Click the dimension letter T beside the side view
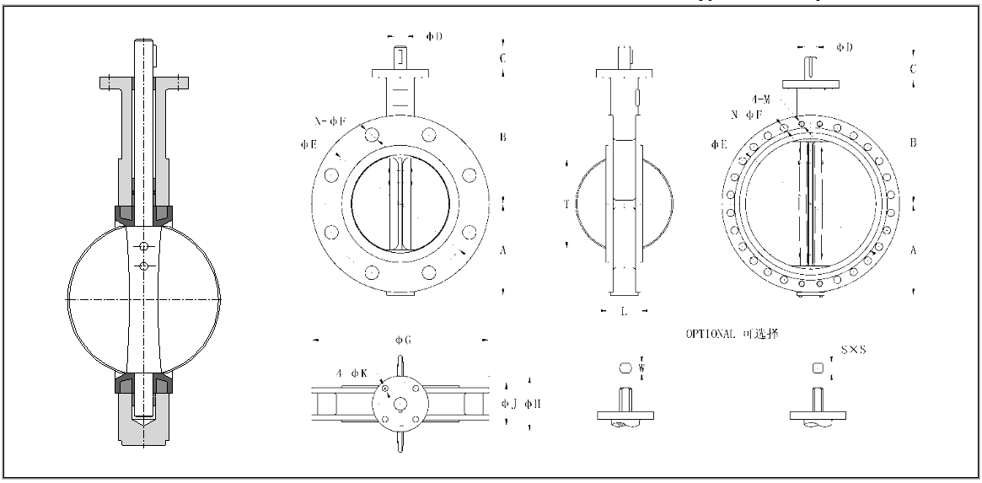tap(566, 205)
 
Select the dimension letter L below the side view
tap(623, 312)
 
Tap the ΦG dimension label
tap(403, 341)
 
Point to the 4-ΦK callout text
tap(349, 373)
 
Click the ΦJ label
tap(508, 403)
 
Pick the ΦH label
tap(532, 403)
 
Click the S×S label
tap(853, 349)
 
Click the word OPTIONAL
tap(711, 334)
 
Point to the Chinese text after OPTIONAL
tap(760, 334)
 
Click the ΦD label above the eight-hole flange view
tap(434, 37)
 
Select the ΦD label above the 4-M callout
tap(844, 47)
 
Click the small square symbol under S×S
tap(816, 368)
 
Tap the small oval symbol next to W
tap(625, 368)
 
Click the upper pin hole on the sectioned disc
tap(144, 246)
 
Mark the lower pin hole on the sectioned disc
tap(144, 267)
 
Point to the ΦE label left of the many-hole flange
tap(718, 145)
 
